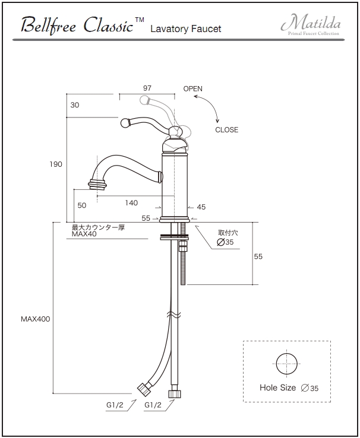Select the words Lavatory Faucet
click(x=186, y=28)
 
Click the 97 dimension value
click(x=147, y=88)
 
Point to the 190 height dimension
click(x=56, y=164)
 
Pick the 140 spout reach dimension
click(x=131, y=203)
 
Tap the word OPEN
click(x=192, y=89)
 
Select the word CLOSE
click(x=226, y=130)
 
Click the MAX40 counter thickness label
click(x=84, y=234)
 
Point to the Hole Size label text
click(x=277, y=388)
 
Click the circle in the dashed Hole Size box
click(x=286, y=363)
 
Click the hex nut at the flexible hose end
click(x=144, y=389)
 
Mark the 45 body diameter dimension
click(x=201, y=207)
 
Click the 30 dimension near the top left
click(x=74, y=104)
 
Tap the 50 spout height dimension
click(x=82, y=205)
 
